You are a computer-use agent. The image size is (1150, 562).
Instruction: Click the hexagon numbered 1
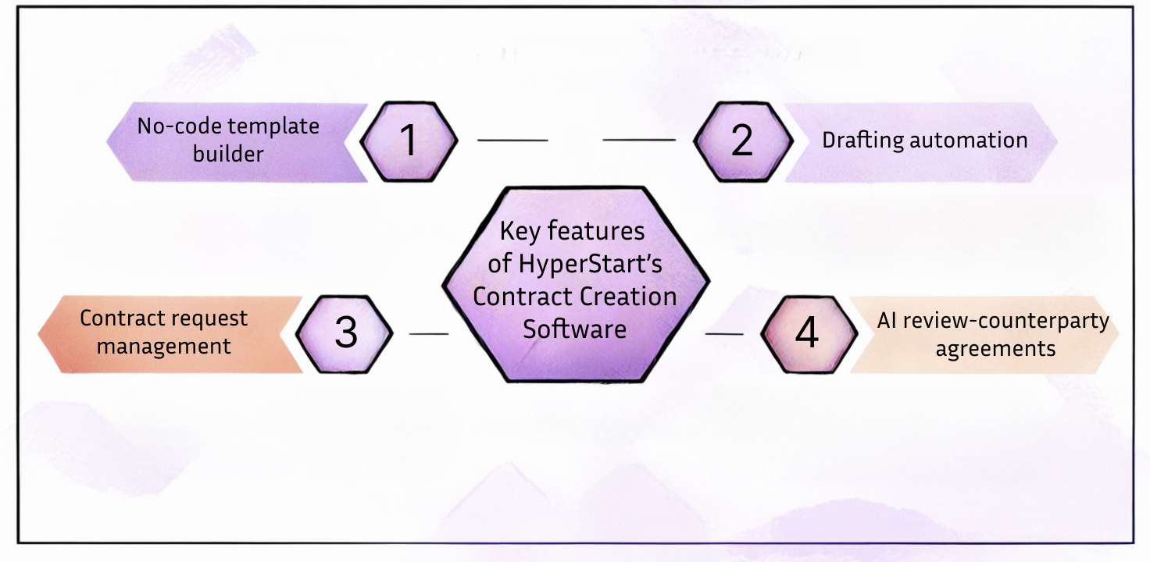point(408,140)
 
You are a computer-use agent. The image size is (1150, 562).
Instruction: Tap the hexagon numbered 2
point(742,140)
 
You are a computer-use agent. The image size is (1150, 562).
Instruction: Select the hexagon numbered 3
point(345,333)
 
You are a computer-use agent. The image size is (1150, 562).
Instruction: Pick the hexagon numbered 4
point(806,333)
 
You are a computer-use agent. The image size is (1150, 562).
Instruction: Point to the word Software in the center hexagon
point(574,329)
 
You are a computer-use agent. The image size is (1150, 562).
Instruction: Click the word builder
point(228,154)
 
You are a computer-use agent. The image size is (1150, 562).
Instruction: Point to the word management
point(164,346)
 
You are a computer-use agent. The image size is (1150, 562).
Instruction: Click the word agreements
point(995,348)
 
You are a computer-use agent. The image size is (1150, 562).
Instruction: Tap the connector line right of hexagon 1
point(512,140)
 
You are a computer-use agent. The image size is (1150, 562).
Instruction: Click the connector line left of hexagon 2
point(639,140)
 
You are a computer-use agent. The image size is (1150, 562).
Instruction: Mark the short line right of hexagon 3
point(429,334)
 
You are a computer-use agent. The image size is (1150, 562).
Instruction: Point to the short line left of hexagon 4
point(724,334)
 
